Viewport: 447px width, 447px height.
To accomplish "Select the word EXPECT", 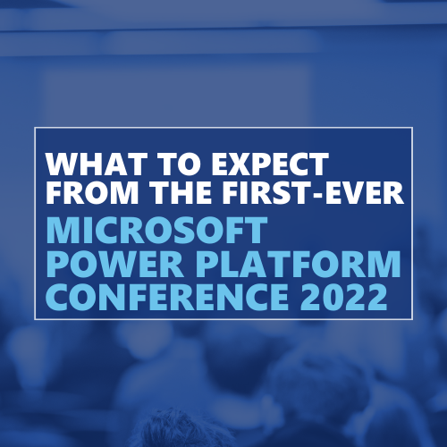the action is [270, 164].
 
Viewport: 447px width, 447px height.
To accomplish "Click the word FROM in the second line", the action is [92, 192].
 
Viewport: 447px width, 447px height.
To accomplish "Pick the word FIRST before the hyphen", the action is [266, 192].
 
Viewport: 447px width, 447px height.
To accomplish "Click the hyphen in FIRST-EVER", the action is [317, 195].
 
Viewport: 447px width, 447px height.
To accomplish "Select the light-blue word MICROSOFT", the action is [156, 231].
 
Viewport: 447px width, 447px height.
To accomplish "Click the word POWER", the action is [114, 264].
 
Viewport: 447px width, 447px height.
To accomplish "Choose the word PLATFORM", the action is [298, 264].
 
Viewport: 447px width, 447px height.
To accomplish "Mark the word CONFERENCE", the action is [167, 297].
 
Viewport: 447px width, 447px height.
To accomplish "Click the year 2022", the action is [343, 297].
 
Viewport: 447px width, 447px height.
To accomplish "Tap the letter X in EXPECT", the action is [240, 164].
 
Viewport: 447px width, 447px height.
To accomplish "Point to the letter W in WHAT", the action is [62, 164].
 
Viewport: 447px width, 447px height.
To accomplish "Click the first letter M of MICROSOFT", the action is [62, 231].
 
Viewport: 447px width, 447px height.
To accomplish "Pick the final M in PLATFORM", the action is [385, 264].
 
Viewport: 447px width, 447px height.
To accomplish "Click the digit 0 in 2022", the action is [333, 297].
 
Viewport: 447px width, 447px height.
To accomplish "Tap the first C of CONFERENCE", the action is [57, 297].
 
